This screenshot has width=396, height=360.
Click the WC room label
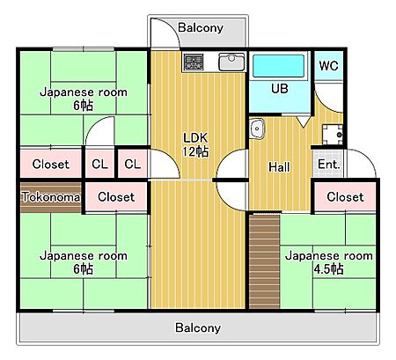(x=328, y=66)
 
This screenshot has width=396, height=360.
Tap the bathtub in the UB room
(x=278, y=66)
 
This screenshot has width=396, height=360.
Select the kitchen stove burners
(x=194, y=62)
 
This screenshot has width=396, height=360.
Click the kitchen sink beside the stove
(x=231, y=62)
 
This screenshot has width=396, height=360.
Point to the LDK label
(x=195, y=138)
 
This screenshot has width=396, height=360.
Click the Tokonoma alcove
(x=51, y=197)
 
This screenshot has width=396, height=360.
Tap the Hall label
(x=279, y=167)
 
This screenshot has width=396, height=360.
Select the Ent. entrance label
(x=328, y=165)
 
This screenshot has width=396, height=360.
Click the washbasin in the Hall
(x=257, y=129)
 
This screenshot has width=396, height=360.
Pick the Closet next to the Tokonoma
(x=116, y=197)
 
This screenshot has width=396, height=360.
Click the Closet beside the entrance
(x=345, y=197)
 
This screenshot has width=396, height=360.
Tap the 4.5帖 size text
(x=328, y=269)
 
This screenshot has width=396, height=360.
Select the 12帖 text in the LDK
(x=195, y=151)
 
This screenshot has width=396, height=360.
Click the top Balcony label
(x=201, y=28)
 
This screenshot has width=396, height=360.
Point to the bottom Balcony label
(x=198, y=327)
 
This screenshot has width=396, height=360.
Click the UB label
(x=280, y=89)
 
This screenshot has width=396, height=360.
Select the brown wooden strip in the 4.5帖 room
(x=264, y=261)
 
